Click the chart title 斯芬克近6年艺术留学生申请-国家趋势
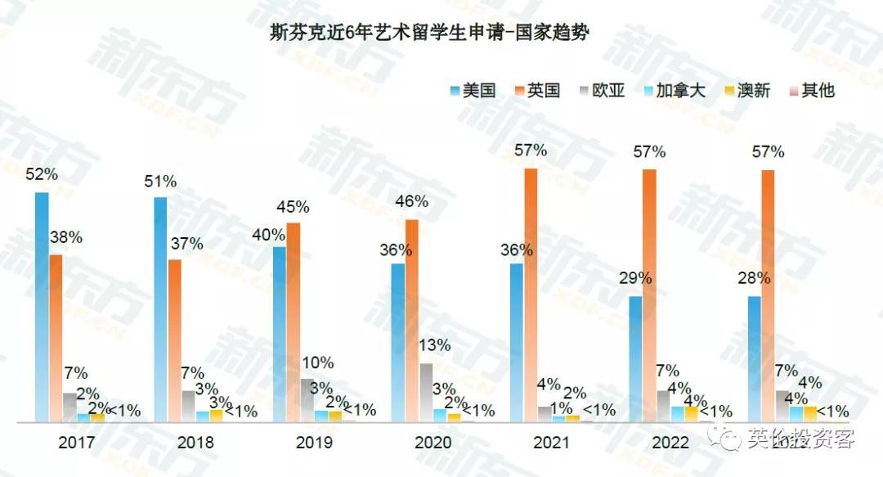pyautogui.click(x=429, y=34)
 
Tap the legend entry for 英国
pyautogui.click(x=536, y=90)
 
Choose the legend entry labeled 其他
pyautogui.click(x=809, y=90)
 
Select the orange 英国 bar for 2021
pyautogui.click(x=531, y=295)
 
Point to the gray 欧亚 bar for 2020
pyautogui.click(x=426, y=392)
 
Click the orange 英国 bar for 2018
pyautogui.click(x=175, y=340)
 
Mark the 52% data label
pyautogui.click(x=41, y=175)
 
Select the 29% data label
pyautogui.click(x=635, y=278)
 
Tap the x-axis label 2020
pyautogui.click(x=433, y=443)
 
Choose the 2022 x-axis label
pyautogui.click(x=670, y=443)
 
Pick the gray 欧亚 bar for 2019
pyautogui.click(x=307, y=400)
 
